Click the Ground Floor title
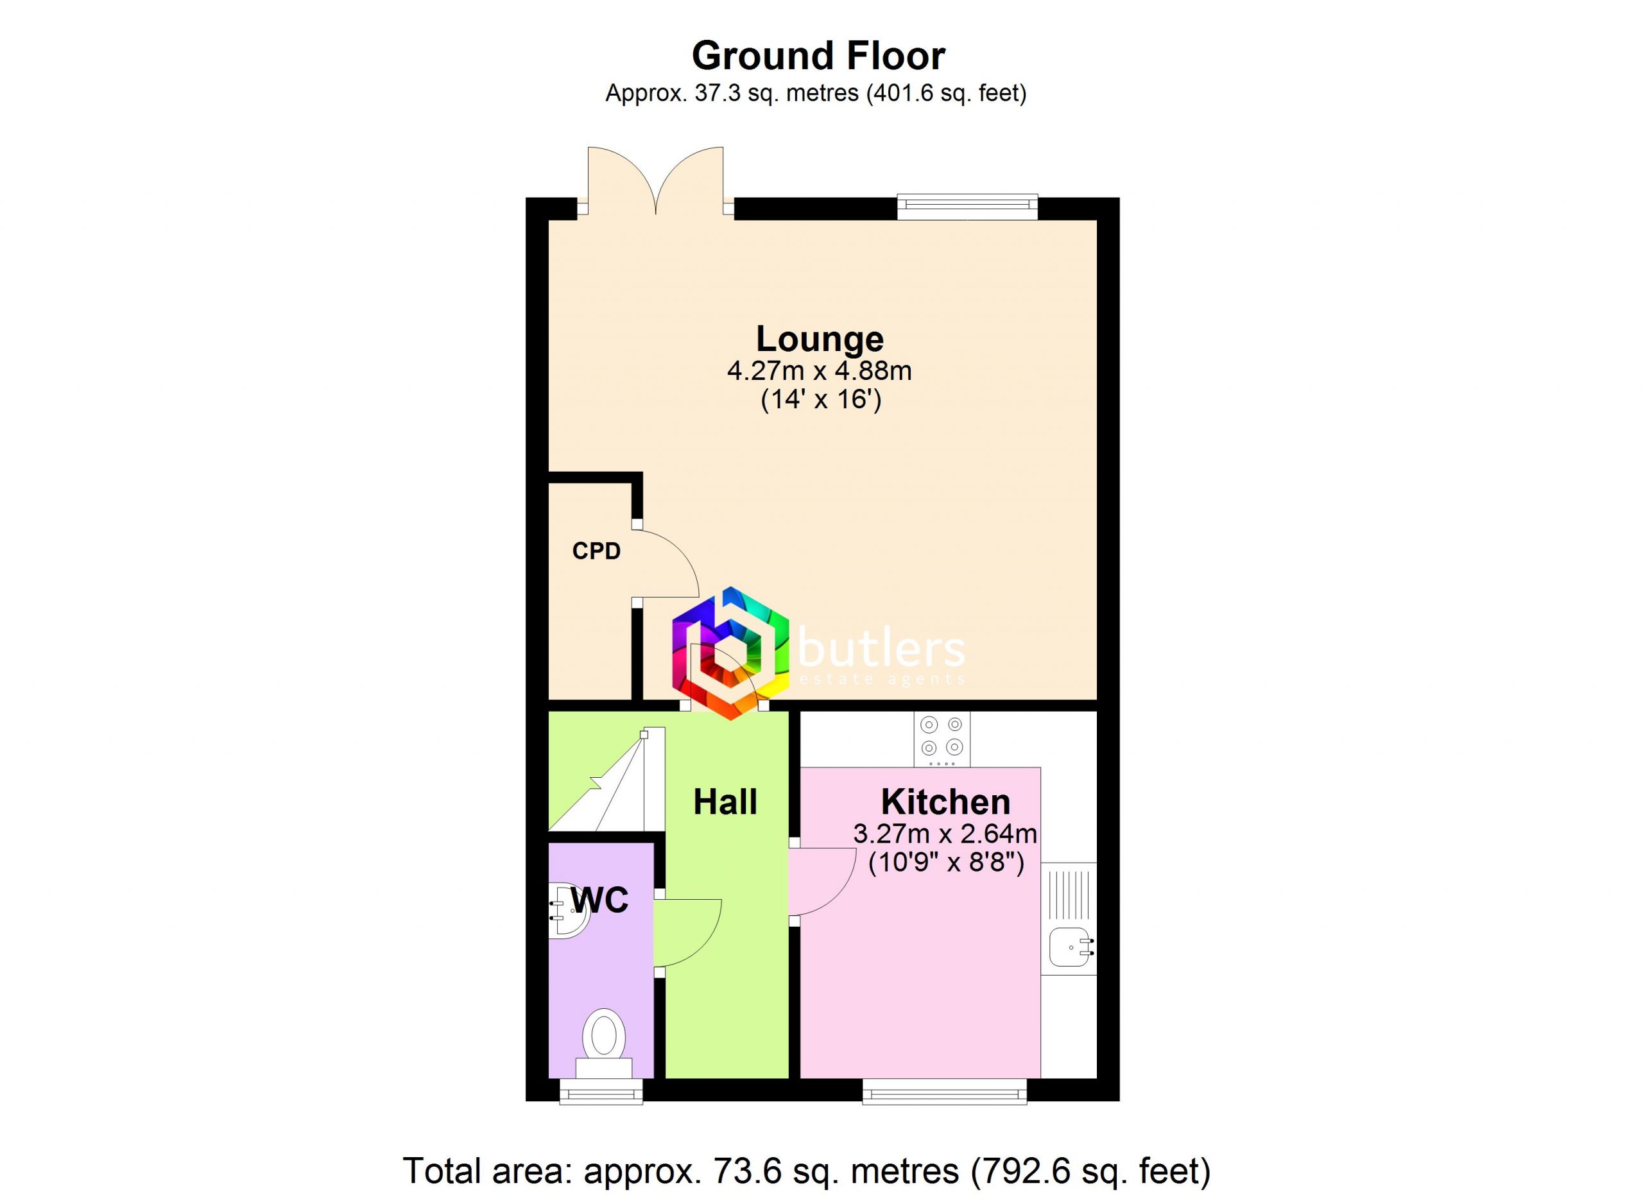(818, 56)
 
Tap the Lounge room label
(820, 339)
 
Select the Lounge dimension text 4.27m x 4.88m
(820, 371)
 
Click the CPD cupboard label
(596, 551)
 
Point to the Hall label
(725, 802)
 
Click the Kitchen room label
(945, 802)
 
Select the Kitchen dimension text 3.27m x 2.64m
(945, 834)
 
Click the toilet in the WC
(603, 1044)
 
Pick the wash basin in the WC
(569, 911)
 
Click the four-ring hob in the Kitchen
(942, 739)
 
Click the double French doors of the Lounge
(656, 182)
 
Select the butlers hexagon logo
(730, 653)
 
